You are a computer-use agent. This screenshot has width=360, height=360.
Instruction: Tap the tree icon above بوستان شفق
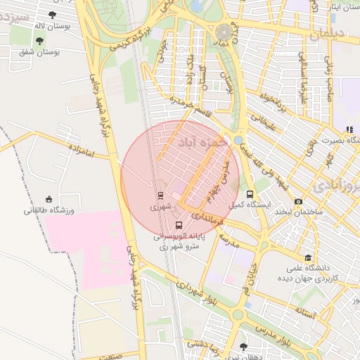click(x=39, y=41)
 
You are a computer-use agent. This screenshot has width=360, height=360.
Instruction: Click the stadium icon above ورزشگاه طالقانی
click(x=49, y=199)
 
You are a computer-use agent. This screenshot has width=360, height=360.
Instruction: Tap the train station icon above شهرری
click(x=160, y=196)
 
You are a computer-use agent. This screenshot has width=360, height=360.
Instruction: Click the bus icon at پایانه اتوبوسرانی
click(x=179, y=226)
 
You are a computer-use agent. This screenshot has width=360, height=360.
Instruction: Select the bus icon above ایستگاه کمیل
click(x=250, y=195)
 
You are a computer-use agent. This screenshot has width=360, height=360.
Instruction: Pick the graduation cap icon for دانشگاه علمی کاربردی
click(x=308, y=257)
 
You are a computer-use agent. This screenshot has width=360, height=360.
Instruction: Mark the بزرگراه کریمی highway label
click(x=125, y=37)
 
